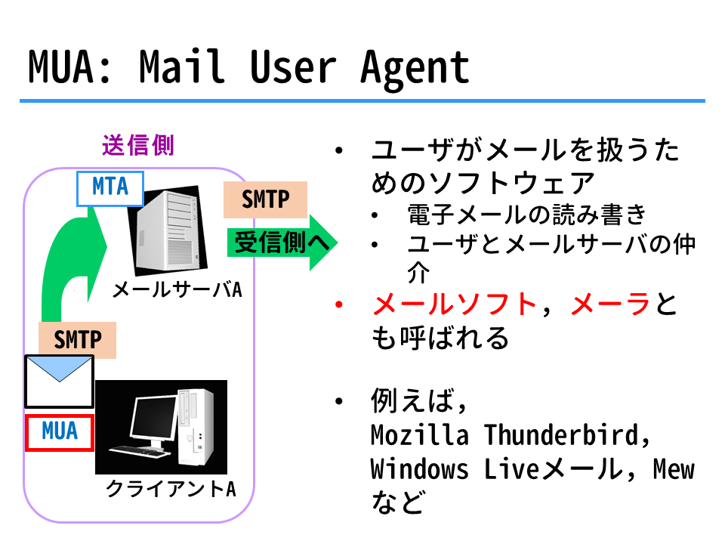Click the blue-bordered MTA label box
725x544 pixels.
110,189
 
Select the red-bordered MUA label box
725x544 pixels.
60,432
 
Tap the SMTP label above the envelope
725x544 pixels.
77,340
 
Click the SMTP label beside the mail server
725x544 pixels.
265,199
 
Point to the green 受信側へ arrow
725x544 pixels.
282,243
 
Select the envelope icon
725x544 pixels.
59,382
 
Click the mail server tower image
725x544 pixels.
168,230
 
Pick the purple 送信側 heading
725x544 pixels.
137,146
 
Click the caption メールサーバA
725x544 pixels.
177,290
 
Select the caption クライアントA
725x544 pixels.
171,489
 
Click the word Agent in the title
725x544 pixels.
415,70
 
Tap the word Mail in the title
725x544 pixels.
182,66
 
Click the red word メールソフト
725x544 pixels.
454,304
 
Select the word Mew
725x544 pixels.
674,469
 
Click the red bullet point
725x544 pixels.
339,304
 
